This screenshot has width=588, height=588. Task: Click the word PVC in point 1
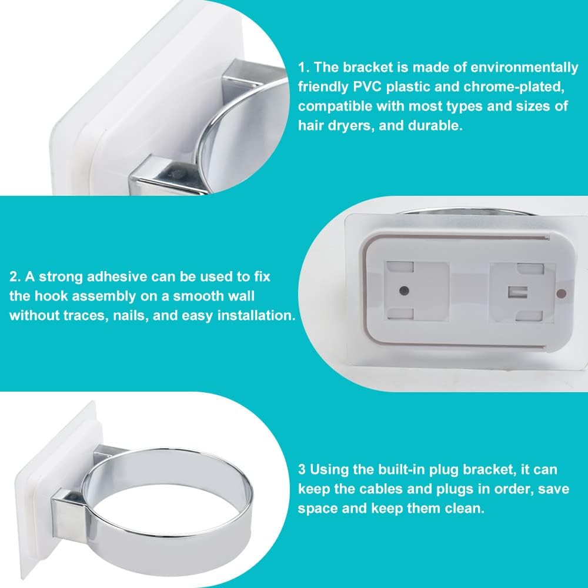(367, 87)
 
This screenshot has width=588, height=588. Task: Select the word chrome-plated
(514, 87)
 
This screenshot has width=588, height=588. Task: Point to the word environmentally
(524, 68)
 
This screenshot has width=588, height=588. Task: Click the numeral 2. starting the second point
(15, 277)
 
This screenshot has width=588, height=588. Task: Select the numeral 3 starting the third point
(302, 469)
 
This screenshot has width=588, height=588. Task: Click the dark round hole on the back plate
(405, 290)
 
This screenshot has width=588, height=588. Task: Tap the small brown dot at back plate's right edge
(562, 293)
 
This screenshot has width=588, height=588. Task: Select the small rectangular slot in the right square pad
(518, 292)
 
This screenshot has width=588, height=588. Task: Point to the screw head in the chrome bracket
(175, 173)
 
